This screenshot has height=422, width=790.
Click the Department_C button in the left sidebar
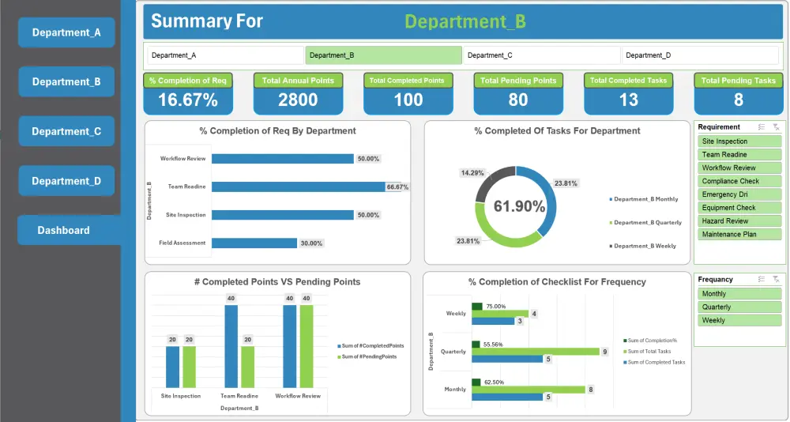tap(66, 131)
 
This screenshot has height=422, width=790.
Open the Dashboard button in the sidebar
tap(63, 230)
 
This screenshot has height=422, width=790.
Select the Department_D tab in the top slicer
tap(699, 55)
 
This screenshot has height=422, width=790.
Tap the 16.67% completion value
tap(188, 100)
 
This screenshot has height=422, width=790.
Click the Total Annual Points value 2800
tap(298, 100)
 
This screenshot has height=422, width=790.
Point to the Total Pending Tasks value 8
tap(738, 100)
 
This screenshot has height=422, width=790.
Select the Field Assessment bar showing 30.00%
tap(254, 243)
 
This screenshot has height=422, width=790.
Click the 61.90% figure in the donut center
tap(519, 206)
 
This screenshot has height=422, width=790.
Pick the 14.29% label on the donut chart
tap(472, 173)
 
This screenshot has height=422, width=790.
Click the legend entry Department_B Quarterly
tap(647, 223)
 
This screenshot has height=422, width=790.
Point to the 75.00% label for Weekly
tap(495, 306)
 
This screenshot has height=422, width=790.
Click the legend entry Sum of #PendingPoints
tap(368, 356)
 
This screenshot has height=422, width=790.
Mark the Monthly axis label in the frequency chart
tap(455, 390)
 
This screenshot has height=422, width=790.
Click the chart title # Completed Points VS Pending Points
tap(277, 281)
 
